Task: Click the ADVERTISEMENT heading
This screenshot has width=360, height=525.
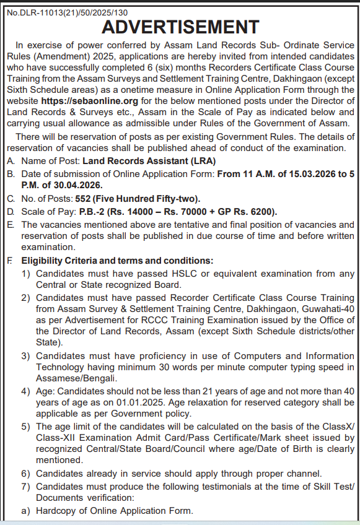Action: pos(180,27)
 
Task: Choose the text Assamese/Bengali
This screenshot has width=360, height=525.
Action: pos(76,378)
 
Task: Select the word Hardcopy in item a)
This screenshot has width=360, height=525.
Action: pos(57,511)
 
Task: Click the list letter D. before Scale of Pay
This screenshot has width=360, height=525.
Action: pos(10,212)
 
